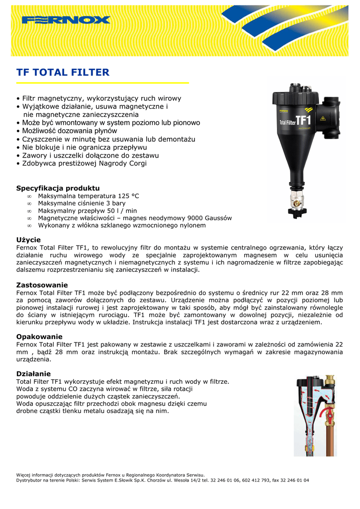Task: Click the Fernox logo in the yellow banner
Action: point(66,20)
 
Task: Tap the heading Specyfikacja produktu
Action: point(58,188)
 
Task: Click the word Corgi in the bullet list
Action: point(137,163)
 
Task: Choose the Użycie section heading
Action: point(28,240)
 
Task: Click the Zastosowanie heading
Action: point(42,285)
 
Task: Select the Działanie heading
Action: point(33,373)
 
